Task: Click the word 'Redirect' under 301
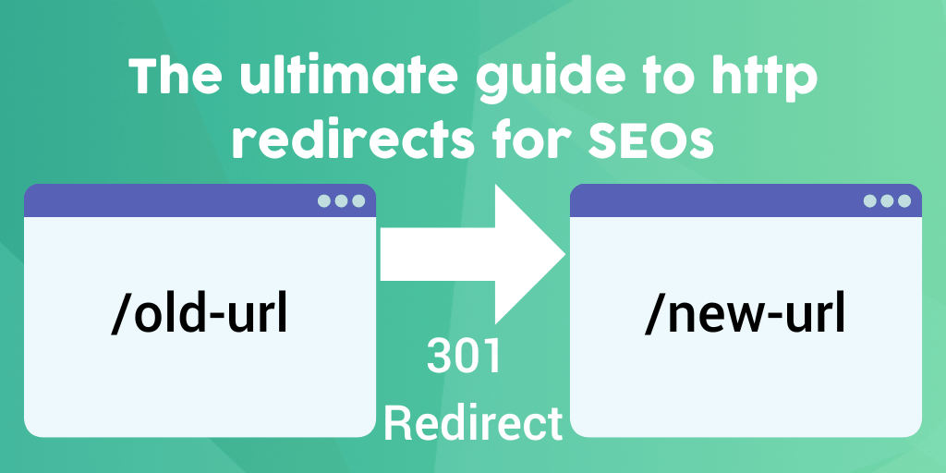coord(472,423)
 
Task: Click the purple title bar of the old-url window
coord(166,200)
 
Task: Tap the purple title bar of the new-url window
coord(711,200)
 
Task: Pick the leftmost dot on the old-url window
coord(324,200)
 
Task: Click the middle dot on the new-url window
coord(888,200)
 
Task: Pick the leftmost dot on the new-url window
coord(870,200)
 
